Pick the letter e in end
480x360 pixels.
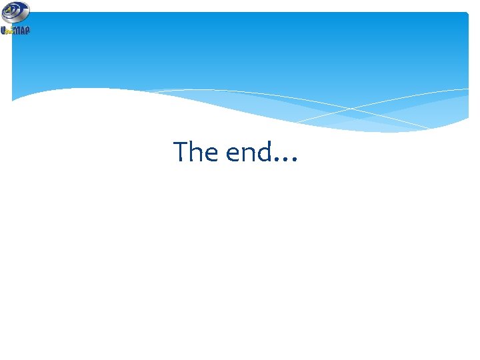click(233, 155)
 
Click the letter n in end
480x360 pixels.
click(249, 155)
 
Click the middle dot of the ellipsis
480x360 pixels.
click(286, 161)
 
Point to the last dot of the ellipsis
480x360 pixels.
click(295, 161)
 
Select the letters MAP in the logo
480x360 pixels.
click(22, 30)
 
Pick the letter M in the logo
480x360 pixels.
click(17, 30)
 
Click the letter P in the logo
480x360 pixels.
click(27, 30)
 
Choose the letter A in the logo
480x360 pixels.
click(23, 30)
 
